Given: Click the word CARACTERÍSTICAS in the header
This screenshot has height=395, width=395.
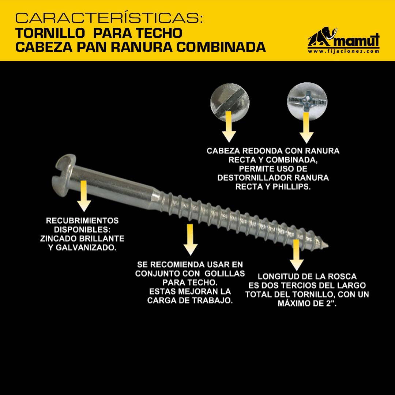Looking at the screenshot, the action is click(109, 18).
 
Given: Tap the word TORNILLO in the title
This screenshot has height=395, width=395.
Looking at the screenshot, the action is click(50, 33).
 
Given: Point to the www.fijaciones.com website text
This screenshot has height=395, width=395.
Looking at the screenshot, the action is click(343, 51).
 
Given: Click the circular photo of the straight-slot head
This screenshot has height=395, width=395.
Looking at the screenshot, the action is click(230, 102).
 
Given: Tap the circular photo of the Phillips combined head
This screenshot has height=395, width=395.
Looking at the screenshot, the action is click(307, 101).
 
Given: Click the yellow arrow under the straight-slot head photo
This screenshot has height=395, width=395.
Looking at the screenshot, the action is click(229, 127).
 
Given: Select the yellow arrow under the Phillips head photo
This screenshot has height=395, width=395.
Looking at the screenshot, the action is click(306, 128).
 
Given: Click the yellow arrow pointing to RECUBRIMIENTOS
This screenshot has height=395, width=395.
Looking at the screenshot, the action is click(84, 196).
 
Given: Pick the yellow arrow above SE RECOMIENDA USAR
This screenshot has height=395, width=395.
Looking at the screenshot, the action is click(191, 240).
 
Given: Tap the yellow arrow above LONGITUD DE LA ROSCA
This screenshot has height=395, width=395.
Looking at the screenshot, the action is click(297, 255).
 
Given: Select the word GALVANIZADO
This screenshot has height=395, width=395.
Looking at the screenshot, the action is click(86, 248).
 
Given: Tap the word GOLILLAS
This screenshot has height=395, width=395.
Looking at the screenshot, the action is click(225, 274).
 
